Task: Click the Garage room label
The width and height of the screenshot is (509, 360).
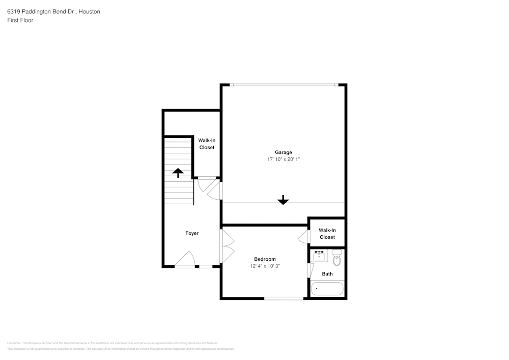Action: [x=284, y=152]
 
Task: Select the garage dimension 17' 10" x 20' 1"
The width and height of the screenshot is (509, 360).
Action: [x=284, y=159]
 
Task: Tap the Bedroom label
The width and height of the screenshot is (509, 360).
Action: [x=265, y=259]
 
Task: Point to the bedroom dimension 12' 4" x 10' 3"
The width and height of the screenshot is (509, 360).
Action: [x=265, y=266]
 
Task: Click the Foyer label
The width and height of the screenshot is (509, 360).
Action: [x=192, y=233]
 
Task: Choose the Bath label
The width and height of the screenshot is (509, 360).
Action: [x=327, y=274]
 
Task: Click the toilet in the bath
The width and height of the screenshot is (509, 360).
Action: [x=336, y=259]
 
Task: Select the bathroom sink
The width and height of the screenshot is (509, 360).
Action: [x=320, y=256]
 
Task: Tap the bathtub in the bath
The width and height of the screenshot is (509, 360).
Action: [x=327, y=289]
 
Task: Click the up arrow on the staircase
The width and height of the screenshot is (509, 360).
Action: [x=178, y=173]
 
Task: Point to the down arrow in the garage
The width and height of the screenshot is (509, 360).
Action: [x=283, y=200]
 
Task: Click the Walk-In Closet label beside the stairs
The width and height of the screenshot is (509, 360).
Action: [x=207, y=144]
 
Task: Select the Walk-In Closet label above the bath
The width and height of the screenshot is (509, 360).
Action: [x=327, y=234]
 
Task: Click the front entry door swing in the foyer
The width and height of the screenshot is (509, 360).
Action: [x=186, y=259]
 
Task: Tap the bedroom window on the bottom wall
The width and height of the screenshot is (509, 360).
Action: [x=284, y=298]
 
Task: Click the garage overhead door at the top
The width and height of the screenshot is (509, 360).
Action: [x=284, y=85]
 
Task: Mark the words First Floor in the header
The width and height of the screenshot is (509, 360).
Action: [x=20, y=20]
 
